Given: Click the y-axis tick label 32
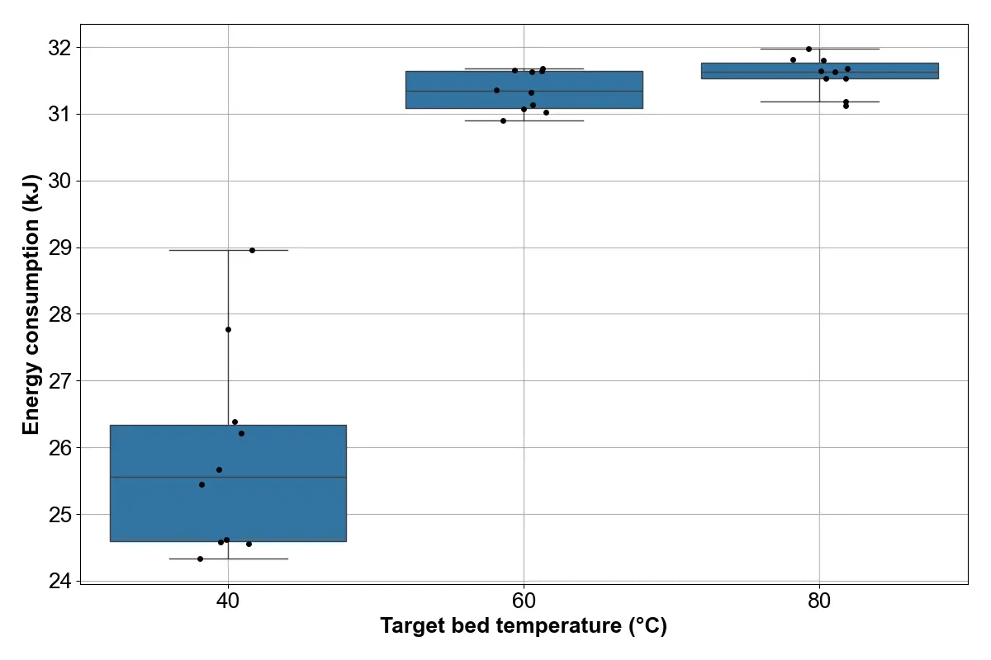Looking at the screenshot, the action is pyautogui.click(x=59, y=48).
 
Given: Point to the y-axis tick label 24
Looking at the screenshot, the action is pyautogui.click(x=59, y=581).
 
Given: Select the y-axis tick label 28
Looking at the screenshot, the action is pyautogui.click(x=59, y=314).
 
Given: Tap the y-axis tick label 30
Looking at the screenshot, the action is pyautogui.click(x=59, y=181).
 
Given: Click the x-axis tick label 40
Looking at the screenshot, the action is pyautogui.click(x=228, y=601).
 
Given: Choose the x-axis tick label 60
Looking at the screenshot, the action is pyautogui.click(x=524, y=601).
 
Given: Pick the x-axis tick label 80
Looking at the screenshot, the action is pyautogui.click(x=819, y=601).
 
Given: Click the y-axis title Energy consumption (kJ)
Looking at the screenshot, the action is pyautogui.click(x=31, y=304).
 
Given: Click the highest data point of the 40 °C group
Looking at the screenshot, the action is pyautogui.click(x=252, y=250).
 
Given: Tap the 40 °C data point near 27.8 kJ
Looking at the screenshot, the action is pyautogui.click(x=228, y=330).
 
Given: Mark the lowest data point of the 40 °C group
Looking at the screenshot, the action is pyautogui.click(x=200, y=559).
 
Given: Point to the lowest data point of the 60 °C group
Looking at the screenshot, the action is pyautogui.click(x=503, y=120).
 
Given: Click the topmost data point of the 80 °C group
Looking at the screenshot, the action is pyautogui.click(x=808, y=49).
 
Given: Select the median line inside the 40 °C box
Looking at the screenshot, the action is pyautogui.click(x=228, y=478).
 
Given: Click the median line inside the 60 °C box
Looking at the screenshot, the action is pyautogui.click(x=524, y=91).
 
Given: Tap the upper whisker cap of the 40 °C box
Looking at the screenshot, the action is pyautogui.click(x=228, y=250).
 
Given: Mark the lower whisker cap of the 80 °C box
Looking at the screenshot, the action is pyautogui.click(x=820, y=101).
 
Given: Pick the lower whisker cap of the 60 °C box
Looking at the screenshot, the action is pyautogui.click(x=524, y=120).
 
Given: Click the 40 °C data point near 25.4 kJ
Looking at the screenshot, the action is pyautogui.click(x=202, y=485).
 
